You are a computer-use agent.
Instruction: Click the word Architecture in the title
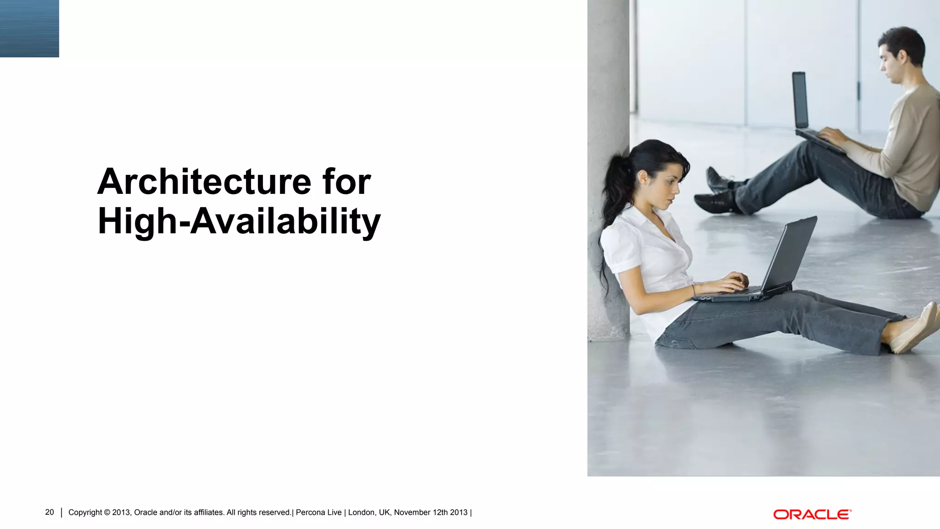(x=204, y=182)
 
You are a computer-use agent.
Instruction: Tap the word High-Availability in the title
(x=239, y=221)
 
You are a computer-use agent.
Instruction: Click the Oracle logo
(x=812, y=514)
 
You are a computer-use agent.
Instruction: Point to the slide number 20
(x=50, y=512)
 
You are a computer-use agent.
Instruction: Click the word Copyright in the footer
(x=85, y=512)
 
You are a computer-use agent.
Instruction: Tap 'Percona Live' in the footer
(x=319, y=512)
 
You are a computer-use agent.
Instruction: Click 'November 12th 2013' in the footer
(x=431, y=512)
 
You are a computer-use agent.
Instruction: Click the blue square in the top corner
(x=29, y=28)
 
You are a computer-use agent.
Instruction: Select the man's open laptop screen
(x=800, y=100)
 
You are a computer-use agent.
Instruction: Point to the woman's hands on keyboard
(x=732, y=282)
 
